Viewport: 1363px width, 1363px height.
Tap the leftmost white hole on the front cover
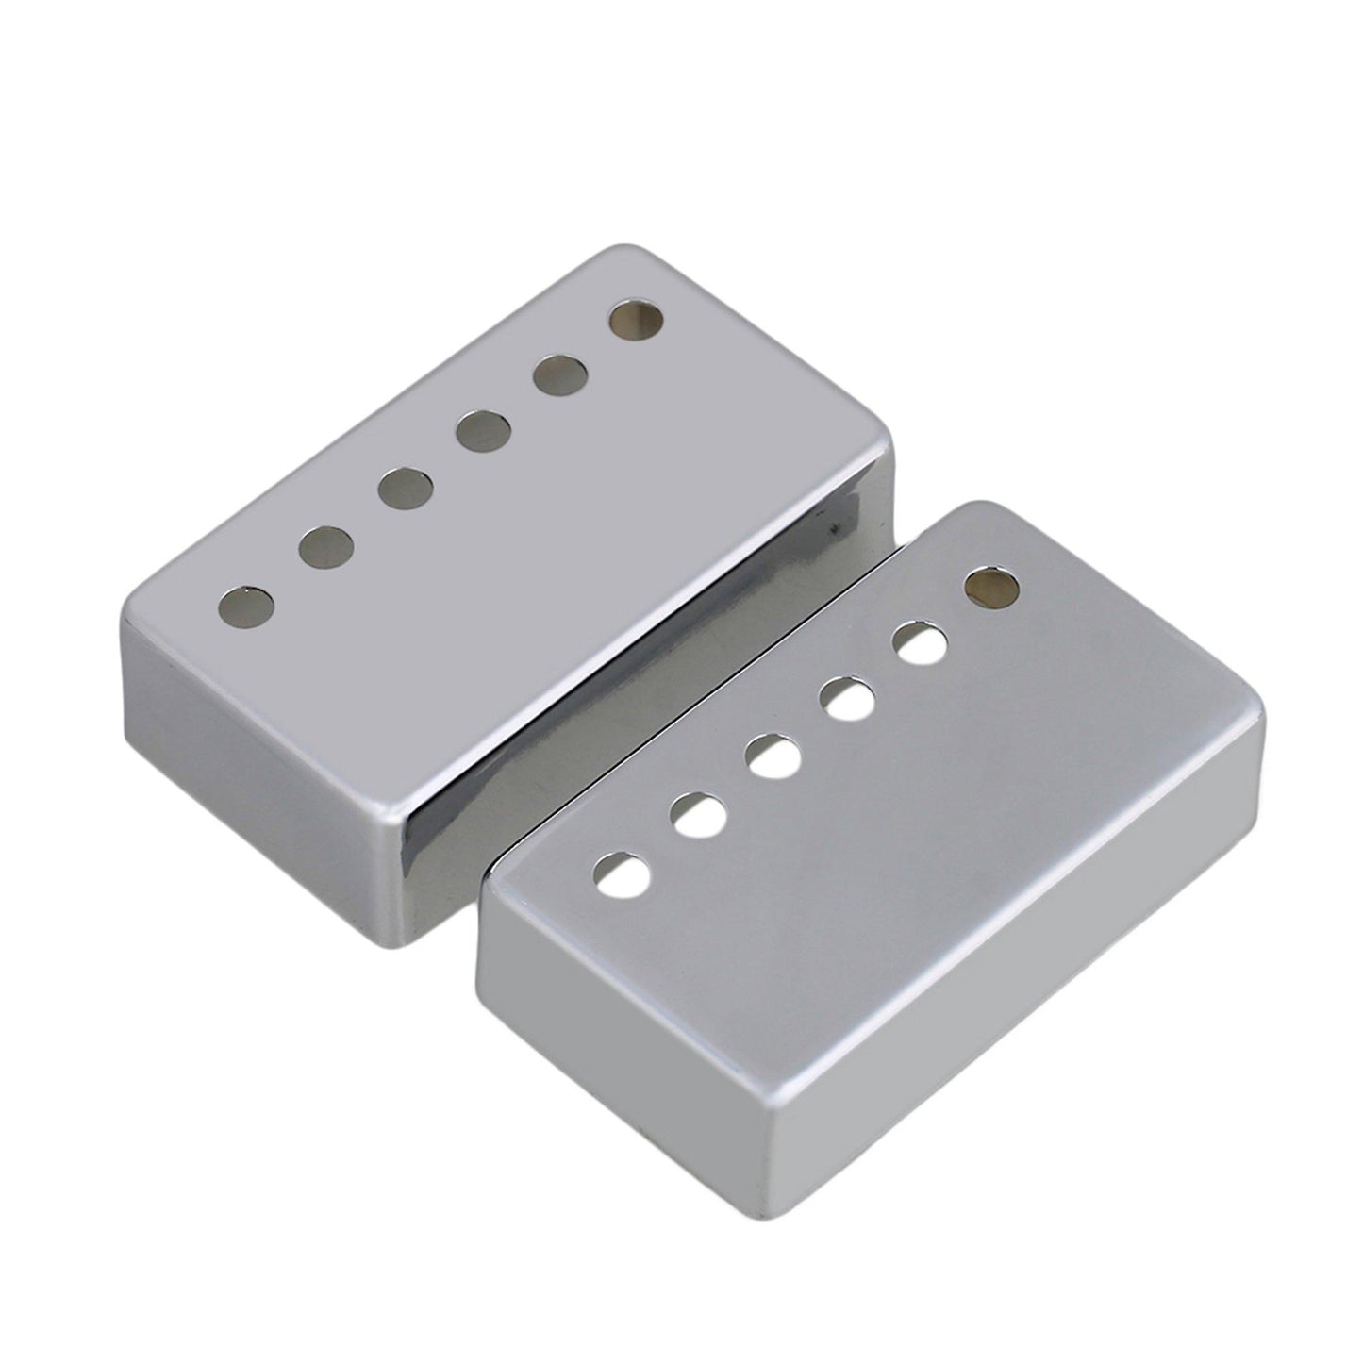click(624, 874)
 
